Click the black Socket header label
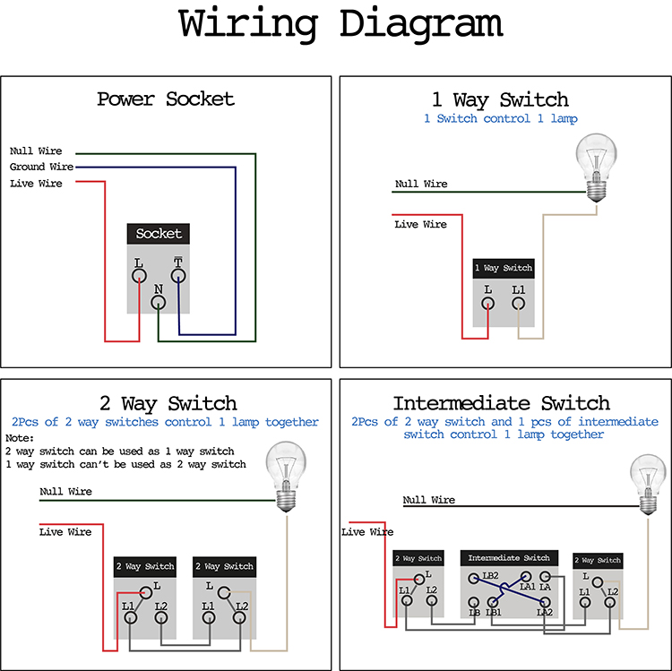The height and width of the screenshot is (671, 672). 159,234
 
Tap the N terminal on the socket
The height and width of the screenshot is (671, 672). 159,303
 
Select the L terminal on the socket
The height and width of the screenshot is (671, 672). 139,276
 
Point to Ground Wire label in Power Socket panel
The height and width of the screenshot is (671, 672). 41,167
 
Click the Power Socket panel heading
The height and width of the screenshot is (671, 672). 166,99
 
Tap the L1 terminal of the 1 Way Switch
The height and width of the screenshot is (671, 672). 518,303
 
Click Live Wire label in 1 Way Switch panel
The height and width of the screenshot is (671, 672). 420,224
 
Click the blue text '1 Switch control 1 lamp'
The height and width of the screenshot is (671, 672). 500,119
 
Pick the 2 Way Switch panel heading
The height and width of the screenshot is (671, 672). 168,404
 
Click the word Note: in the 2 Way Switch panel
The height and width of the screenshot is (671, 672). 19,438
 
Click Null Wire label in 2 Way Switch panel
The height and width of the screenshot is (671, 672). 65,492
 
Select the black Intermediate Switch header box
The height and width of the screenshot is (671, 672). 509,558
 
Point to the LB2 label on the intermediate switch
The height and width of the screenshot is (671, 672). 490,576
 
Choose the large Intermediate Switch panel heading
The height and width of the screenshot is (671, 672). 501,404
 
